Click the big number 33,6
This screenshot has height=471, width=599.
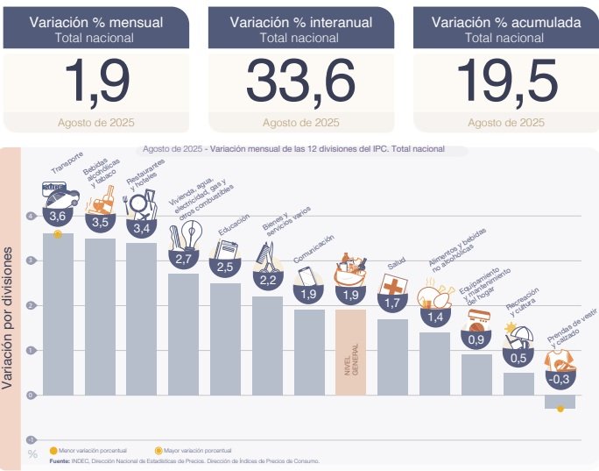pyautogui.click(x=299, y=82)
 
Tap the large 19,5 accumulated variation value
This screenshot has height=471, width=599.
pyautogui.click(x=507, y=82)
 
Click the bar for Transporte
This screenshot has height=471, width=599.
pyautogui.click(x=58, y=316)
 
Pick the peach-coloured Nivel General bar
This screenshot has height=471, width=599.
pyautogui.click(x=350, y=351)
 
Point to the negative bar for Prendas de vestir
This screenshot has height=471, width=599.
pyautogui.click(x=560, y=402)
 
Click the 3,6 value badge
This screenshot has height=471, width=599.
pyautogui.click(x=58, y=216)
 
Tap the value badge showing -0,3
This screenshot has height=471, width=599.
pyautogui.click(x=560, y=379)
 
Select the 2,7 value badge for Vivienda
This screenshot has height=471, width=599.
pyautogui.click(x=184, y=260)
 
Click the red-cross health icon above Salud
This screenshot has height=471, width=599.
pyautogui.click(x=393, y=286)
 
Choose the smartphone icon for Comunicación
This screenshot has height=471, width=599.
pyautogui.click(x=307, y=275)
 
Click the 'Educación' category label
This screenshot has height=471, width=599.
pyautogui.click(x=234, y=227)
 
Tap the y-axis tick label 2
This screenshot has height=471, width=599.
pyautogui.click(x=32, y=305)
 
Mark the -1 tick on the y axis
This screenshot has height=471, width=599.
pyautogui.click(x=31, y=439)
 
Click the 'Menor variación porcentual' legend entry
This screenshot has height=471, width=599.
pyautogui.click(x=88, y=450)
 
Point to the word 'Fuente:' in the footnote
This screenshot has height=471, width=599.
pyautogui.click(x=60, y=460)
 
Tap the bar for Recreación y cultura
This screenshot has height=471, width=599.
pyautogui.click(x=518, y=384)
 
